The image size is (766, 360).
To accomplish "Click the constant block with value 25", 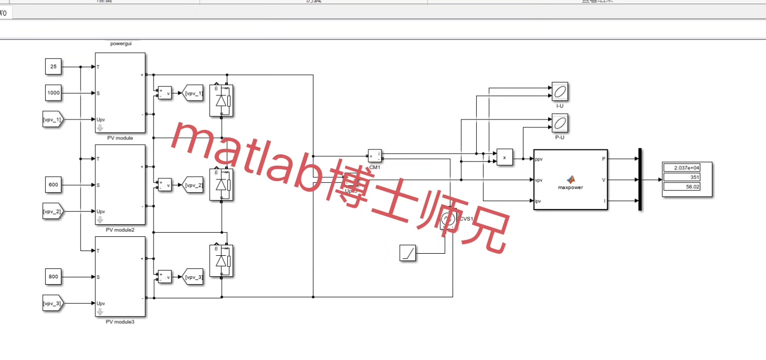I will point(54,67).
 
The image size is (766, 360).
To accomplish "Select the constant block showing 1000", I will point(54,93).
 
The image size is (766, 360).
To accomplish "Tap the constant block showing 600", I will point(54,185).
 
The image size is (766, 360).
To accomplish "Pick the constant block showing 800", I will point(54,277).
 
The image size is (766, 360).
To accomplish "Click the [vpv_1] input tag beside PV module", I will point(53,119).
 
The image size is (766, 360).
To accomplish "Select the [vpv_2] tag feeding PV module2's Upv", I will point(53,212).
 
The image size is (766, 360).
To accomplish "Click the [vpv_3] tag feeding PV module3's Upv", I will point(53,303).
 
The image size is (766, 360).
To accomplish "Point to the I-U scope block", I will point(560,92).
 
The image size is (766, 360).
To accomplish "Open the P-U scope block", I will point(560,123).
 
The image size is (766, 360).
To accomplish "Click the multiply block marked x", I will point(505,157).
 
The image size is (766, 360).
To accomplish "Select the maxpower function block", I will point(570,179).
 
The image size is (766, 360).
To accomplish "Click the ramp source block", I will point(408,253).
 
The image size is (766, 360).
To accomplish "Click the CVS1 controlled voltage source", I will point(448,219).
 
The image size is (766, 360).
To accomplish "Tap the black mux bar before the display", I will point(640,179).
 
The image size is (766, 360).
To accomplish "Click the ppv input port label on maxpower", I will point(539,158).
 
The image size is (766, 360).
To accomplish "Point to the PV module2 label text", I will point(120,230).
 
